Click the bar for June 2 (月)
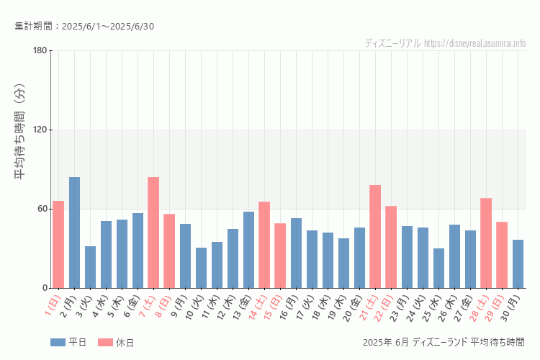[x=74, y=233]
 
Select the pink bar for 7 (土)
[x=153, y=233]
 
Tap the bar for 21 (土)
[x=375, y=237]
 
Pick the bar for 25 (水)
[x=438, y=269]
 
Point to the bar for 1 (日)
[x=58, y=245]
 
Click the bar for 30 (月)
[x=518, y=264]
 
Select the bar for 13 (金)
[x=248, y=250]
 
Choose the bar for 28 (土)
[x=486, y=243]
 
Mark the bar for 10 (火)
[x=201, y=268]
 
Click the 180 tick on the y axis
[x=40, y=50]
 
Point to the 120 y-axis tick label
[x=40, y=130]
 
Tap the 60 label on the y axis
[x=42, y=209]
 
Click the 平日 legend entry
[x=68, y=343]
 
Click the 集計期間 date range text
[x=84, y=27]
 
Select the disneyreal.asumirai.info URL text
[x=474, y=43]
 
